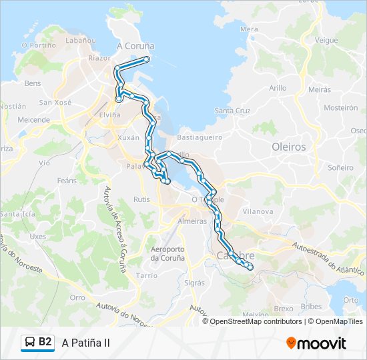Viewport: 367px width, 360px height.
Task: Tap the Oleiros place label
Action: click(289, 147)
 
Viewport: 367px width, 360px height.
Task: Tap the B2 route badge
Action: click(38, 342)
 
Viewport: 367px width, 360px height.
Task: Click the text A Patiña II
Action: click(85, 343)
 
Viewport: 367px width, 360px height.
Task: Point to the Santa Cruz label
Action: click(232, 111)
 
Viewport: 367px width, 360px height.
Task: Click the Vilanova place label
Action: click(259, 211)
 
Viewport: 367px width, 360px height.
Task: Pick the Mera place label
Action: click(249, 29)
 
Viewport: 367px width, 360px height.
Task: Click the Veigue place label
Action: click(326, 40)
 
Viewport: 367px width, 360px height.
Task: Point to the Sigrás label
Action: click(194, 283)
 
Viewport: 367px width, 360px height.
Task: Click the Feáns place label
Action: click(67, 181)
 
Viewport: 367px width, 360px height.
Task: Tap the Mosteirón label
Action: click(340, 107)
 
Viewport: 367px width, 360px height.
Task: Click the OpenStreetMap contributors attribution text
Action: click(256, 321)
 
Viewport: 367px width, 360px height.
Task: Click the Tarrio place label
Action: click(147, 275)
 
